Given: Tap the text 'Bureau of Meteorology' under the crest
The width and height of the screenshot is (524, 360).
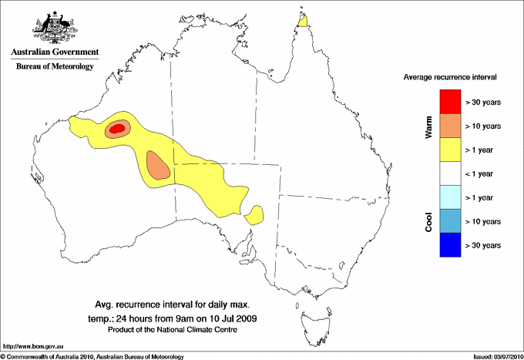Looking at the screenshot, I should [55, 67].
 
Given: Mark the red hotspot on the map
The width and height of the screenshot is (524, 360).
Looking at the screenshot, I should [116, 130].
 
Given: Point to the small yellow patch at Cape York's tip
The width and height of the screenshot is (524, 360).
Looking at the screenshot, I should [304, 19].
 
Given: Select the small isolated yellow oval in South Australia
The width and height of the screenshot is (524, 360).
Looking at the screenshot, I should [254, 214].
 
